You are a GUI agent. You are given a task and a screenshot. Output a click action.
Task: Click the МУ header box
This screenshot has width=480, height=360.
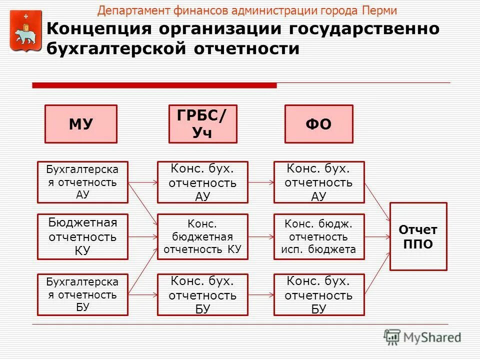[x=81, y=124]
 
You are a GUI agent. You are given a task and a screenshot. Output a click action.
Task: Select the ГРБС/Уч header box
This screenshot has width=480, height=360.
[x=202, y=124]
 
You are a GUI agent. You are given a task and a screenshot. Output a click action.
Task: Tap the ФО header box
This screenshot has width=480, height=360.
[x=318, y=124]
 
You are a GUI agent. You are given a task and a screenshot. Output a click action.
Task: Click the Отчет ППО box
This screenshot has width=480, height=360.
[x=418, y=236]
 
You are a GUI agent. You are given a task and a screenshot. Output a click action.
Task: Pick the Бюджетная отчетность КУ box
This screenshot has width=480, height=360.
[x=82, y=236]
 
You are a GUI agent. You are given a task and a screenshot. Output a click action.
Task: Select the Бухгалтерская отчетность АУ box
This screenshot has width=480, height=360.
[x=82, y=182]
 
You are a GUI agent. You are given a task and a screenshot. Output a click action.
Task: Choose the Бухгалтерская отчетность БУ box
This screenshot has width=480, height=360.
[x=82, y=294]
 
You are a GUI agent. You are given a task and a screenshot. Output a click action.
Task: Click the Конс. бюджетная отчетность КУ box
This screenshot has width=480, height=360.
[x=202, y=236]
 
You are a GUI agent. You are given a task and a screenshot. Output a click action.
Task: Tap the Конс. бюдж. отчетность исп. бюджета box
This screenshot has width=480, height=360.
[x=319, y=236]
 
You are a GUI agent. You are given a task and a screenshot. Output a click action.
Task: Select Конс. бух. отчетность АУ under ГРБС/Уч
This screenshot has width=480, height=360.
[x=202, y=182]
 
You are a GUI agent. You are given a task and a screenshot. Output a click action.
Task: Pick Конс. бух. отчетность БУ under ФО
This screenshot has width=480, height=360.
[x=319, y=294]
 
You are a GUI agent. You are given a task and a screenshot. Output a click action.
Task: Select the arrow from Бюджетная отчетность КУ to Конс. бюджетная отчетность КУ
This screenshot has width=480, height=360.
[x=142, y=236]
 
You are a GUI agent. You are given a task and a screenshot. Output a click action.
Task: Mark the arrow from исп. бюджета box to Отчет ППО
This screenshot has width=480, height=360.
[x=377, y=236]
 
